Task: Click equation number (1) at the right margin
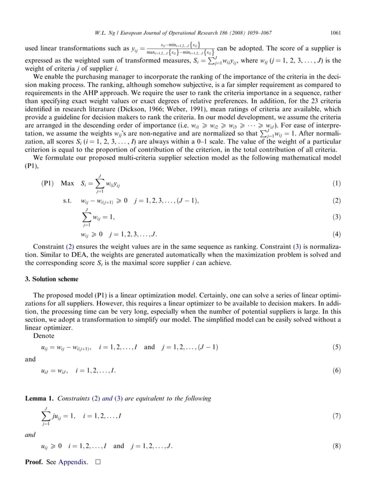pos(338,183)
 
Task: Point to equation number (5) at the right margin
pos(338,347)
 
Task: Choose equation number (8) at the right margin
pos(338,447)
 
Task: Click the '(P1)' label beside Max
pos(49,183)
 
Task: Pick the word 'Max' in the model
pos(68,183)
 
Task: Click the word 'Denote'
pos(43,335)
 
